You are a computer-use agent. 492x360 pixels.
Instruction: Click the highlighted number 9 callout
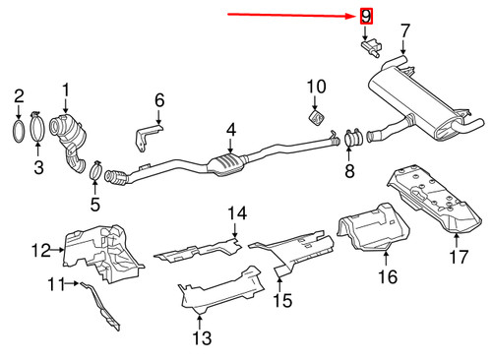coord(366,16)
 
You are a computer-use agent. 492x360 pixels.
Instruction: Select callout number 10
coord(315,89)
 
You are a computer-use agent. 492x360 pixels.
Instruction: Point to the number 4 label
coord(231,130)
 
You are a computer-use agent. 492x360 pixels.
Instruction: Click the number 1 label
coord(66,94)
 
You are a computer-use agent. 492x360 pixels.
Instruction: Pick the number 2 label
coord(18,95)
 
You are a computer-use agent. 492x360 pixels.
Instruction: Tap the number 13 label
coord(201,339)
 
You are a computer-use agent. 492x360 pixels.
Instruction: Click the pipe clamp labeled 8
coord(351,143)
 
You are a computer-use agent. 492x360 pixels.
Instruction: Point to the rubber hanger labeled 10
coord(315,117)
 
